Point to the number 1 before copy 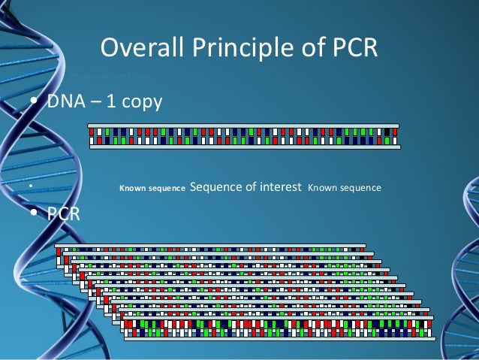(x=110, y=101)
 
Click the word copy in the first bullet (x=140, y=102)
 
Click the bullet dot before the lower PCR (x=33, y=214)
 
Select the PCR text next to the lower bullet (x=64, y=214)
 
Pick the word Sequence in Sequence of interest (x=216, y=186)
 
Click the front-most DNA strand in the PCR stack (x=278, y=328)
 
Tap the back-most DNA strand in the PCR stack (x=210, y=247)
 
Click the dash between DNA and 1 (x=95, y=102)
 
